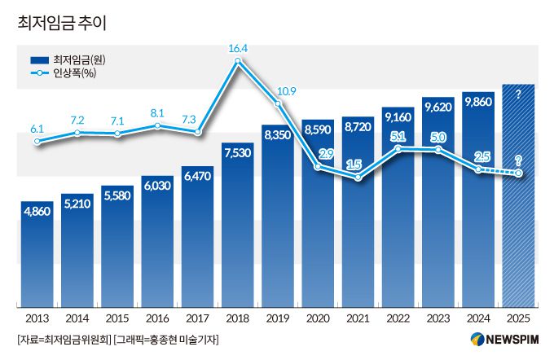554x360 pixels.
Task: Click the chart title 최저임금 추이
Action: pos(62,23)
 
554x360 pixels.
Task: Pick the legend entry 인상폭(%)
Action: pos(74,74)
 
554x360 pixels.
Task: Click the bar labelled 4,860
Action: pos(37,252)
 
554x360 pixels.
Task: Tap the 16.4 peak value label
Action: pos(238,49)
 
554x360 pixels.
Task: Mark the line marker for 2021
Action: pos(358,178)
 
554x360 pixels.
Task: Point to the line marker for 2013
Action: pos(37,142)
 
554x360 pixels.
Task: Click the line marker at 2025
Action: pos(518,173)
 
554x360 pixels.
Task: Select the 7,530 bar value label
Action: pos(238,152)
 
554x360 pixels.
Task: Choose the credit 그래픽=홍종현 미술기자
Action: pos(167,340)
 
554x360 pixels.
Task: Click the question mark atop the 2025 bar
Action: pos(518,95)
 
